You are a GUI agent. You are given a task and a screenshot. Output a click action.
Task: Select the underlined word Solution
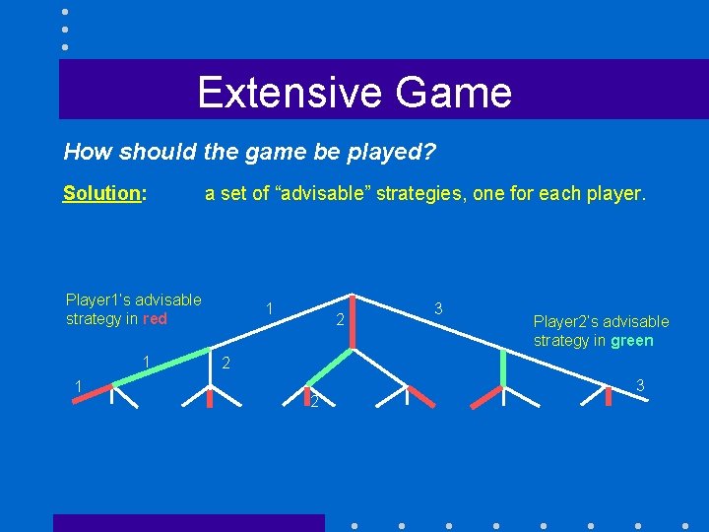103,193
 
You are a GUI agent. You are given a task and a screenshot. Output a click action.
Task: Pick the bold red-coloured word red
155,319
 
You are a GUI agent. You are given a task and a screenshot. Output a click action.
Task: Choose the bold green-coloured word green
631,341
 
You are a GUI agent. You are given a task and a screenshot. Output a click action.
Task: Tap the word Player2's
566,321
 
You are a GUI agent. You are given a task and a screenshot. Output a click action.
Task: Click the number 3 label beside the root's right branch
438,309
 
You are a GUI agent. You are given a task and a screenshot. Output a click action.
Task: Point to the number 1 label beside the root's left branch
270,309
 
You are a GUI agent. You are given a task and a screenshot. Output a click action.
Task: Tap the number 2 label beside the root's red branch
339,320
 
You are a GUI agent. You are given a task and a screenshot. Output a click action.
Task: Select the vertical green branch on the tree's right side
503,366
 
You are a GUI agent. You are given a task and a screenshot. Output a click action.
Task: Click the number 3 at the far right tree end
640,384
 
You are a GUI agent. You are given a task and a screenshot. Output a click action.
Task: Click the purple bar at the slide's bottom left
188,522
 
